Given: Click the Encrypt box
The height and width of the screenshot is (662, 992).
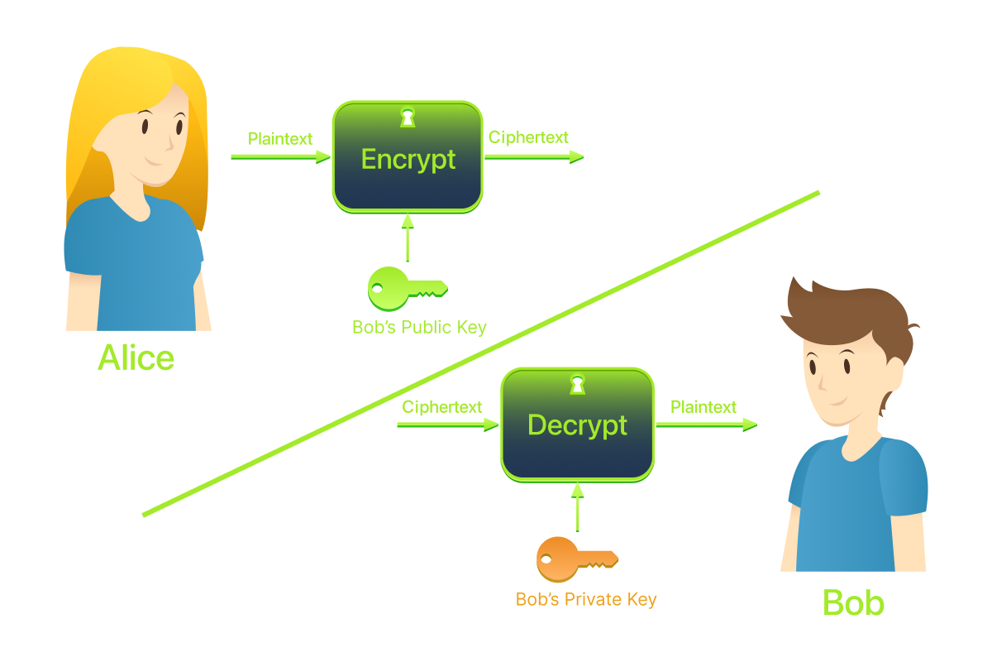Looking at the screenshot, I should coord(408,157).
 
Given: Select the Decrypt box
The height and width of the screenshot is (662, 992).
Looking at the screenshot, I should coord(577,425).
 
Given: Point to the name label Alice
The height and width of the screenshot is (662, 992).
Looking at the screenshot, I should coord(136,357).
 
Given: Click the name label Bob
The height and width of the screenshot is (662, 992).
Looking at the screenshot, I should coord(853,603).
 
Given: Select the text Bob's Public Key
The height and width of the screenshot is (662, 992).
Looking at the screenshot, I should coord(419,328).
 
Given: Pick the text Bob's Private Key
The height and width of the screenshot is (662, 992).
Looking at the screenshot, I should coord(586,599).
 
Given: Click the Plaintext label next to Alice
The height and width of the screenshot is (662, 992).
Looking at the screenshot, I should coord(280,139).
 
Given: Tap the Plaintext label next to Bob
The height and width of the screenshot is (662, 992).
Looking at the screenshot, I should coord(703,407).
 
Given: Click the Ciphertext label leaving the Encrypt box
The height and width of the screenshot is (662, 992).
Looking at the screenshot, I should coord(528,137).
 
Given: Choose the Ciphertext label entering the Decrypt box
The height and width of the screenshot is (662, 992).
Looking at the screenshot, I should coord(441,407).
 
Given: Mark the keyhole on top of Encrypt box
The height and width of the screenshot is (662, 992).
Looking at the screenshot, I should coord(407,117).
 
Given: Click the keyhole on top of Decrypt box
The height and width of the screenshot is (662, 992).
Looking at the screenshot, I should coord(577,384).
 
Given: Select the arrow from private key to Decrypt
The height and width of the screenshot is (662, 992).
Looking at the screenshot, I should coord(577,506).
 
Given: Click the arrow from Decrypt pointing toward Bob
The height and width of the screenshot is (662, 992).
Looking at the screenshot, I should coord(707,425).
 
